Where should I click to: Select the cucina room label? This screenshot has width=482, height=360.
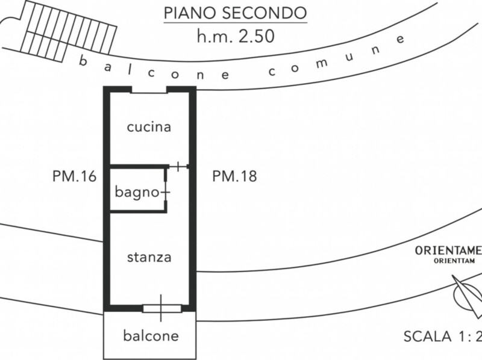click(149, 127)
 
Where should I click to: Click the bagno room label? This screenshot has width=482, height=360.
click(136, 193)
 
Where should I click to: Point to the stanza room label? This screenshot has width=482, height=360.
click(149, 257)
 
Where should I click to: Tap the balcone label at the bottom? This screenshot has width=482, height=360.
click(151, 335)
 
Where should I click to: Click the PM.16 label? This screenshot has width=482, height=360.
click(75, 176)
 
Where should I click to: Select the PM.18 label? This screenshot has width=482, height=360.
click(235, 176)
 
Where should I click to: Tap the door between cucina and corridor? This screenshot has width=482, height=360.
click(179, 166)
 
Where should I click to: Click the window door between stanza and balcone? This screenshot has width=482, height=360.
click(161, 308)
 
